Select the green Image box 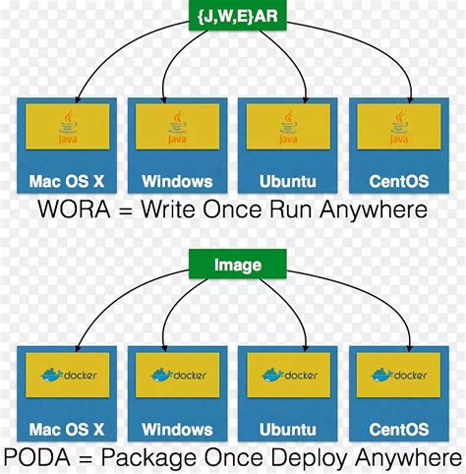click(238, 264)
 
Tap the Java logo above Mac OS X click(66, 127)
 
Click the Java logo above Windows click(177, 127)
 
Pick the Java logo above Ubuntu click(288, 127)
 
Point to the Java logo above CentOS click(398, 127)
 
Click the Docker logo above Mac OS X click(66, 375)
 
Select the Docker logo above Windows click(177, 375)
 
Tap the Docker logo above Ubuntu click(288, 375)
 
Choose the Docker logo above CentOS click(398, 375)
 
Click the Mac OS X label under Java click(66, 181)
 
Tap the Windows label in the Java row click(177, 181)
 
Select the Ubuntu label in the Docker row click(288, 429)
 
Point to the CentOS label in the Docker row click(398, 429)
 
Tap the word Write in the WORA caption click(174, 209)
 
